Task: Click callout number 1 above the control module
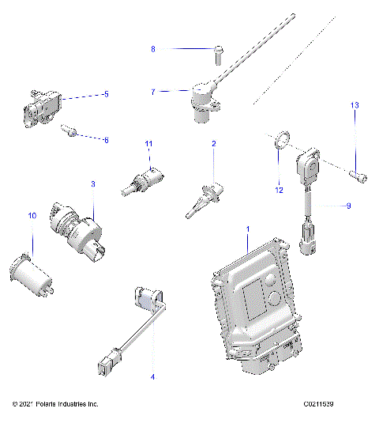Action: (248, 228)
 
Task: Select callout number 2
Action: (213, 143)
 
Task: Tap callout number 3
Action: (92, 183)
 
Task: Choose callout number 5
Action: (106, 94)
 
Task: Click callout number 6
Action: (106, 140)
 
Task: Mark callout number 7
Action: (153, 92)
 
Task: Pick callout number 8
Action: (153, 49)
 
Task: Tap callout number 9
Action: (347, 206)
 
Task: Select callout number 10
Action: (32, 215)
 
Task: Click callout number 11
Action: (147, 143)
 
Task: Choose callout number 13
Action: (355, 105)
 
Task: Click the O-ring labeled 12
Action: (280, 142)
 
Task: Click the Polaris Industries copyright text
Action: (51, 404)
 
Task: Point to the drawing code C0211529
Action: (326, 404)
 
